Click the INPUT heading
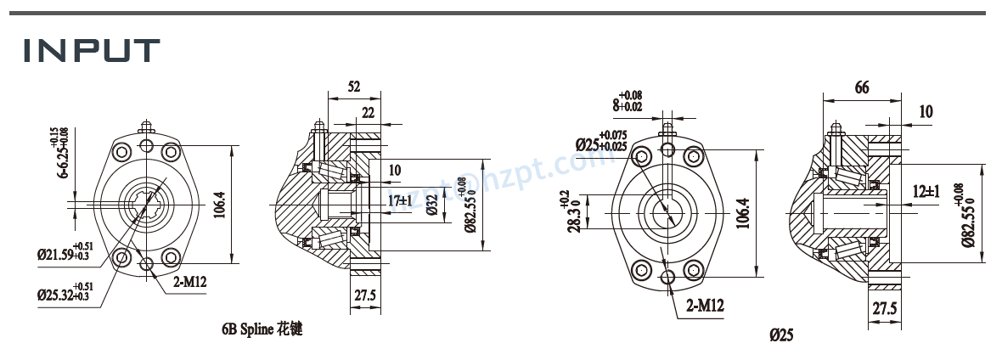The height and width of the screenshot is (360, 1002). tap(92, 51)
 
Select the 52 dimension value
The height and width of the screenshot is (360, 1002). tap(354, 87)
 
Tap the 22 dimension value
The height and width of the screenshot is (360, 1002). tap(368, 113)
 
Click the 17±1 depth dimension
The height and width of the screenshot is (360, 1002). tap(400, 200)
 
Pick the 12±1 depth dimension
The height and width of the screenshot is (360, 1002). tap(926, 191)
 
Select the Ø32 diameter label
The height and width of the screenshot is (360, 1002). tap(432, 205)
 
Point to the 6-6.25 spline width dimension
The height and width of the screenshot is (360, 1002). tap(62, 153)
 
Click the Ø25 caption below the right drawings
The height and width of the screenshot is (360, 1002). tap(781, 335)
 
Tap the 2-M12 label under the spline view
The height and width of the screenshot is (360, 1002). tap(188, 281)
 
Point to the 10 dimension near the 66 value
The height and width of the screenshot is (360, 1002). tap(926, 111)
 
